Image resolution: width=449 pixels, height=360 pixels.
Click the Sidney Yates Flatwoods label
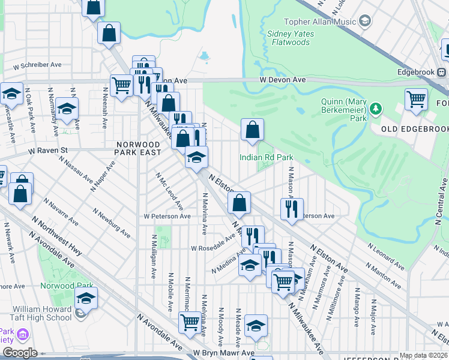tap(290, 38)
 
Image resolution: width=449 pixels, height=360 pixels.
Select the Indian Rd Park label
tap(266, 157)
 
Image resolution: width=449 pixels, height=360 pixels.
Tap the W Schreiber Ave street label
tap(41, 65)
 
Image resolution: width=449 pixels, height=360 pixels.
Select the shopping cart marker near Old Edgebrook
tap(416, 99)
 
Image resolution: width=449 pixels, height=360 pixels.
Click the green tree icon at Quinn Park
tap(376, 109)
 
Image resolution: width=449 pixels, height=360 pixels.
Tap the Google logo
tap(20, 353)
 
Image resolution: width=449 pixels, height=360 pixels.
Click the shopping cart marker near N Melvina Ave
tap(190, 323)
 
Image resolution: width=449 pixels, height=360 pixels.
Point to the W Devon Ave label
tap(283, 80)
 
